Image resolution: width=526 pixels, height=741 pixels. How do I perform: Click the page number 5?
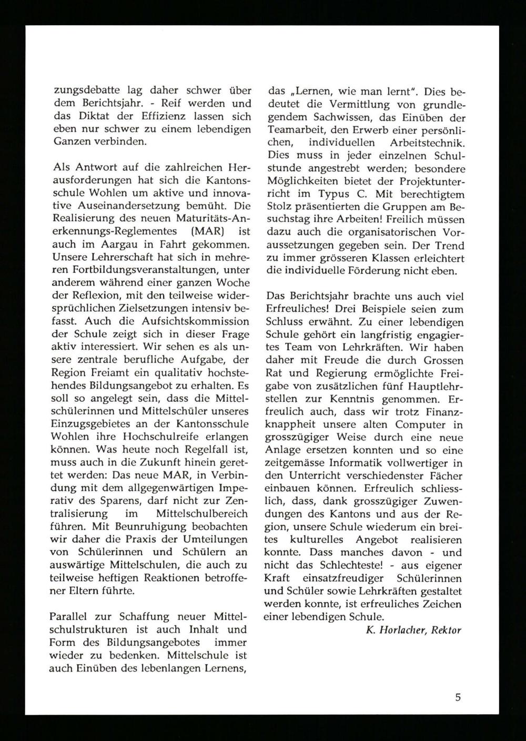click(x=458, y=697)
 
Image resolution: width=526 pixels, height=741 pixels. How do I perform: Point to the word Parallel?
click(x=68, y=616)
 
